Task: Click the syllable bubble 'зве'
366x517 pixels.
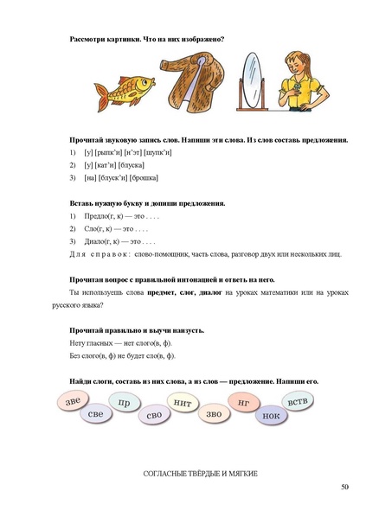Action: (74, 399)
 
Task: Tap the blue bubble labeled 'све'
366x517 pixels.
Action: (96, 415)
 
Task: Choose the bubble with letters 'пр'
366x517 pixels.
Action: (125, 403)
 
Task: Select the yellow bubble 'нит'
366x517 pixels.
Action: (182, 402)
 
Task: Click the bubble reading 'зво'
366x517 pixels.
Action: (213, 414)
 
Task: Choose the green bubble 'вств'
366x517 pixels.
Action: (298, 401)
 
